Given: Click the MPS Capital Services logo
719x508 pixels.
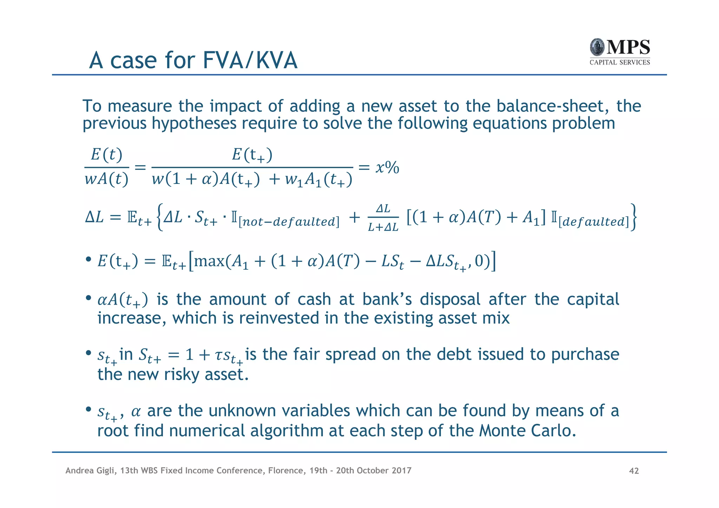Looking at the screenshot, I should (620, 52).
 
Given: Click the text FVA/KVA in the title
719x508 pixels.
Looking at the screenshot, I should (250, 60).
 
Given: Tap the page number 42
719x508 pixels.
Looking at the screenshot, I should (634, 471).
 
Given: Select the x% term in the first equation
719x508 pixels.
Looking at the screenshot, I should (387, 168).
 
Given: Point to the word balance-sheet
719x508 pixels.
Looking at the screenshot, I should (553, 106).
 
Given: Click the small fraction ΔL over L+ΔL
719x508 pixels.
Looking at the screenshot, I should (383, 218).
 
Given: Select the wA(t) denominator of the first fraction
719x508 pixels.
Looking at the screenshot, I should (106, 179).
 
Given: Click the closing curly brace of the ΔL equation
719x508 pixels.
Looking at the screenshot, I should (633, 218).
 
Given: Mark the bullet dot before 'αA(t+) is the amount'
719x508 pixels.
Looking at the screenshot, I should (88, 298).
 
